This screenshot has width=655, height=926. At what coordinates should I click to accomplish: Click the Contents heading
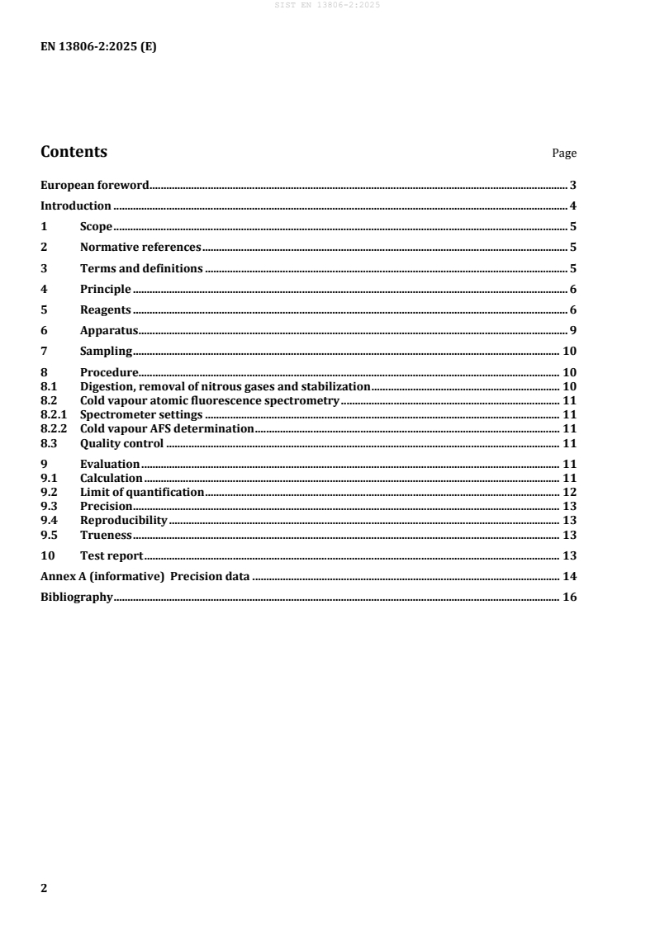pos(74,152)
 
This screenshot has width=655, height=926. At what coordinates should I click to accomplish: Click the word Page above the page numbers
pos(564,154)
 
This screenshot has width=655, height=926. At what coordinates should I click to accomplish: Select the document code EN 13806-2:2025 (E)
pos(98,47)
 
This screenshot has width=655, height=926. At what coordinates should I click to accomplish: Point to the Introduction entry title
pos(76,206)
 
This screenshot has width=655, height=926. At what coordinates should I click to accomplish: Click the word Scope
pos(96,226)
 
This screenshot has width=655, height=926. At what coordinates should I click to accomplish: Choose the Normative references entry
pos(140,247)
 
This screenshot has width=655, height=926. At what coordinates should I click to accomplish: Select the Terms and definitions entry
pos(141,268)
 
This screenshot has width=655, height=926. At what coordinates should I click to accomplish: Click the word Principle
pos(106,289)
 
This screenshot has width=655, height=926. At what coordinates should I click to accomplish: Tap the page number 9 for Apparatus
pos(572,330)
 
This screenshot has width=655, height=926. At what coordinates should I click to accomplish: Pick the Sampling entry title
pos(106,351)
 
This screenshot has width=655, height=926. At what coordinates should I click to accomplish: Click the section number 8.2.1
pos(55,414)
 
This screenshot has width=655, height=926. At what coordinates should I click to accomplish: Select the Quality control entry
pos(121,443)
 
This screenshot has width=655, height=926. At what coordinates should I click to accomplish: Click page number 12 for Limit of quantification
pos(569,492)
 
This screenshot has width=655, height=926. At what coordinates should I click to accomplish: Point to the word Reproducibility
pos(124,520)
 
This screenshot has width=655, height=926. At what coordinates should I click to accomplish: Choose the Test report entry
pos(112,555)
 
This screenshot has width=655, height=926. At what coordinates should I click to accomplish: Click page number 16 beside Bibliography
pos(569,597)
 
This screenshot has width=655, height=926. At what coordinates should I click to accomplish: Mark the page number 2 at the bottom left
pos(45,889)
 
